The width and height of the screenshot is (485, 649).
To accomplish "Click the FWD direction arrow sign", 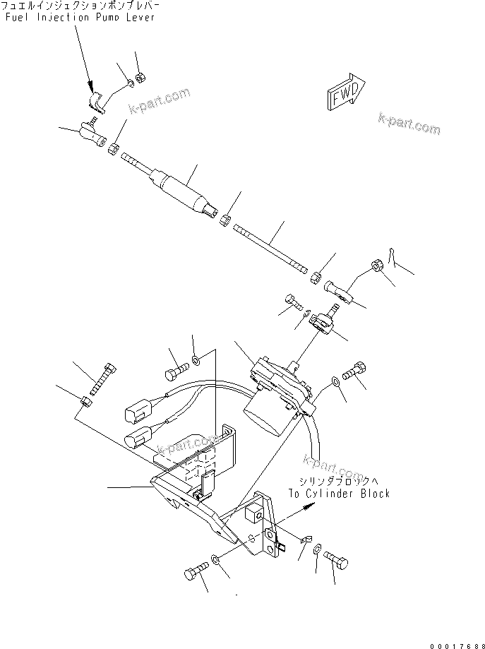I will pos(345,93).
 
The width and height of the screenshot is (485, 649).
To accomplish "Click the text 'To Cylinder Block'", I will pos(338,494).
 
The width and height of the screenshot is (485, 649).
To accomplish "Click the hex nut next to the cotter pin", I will pos(376,266).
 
